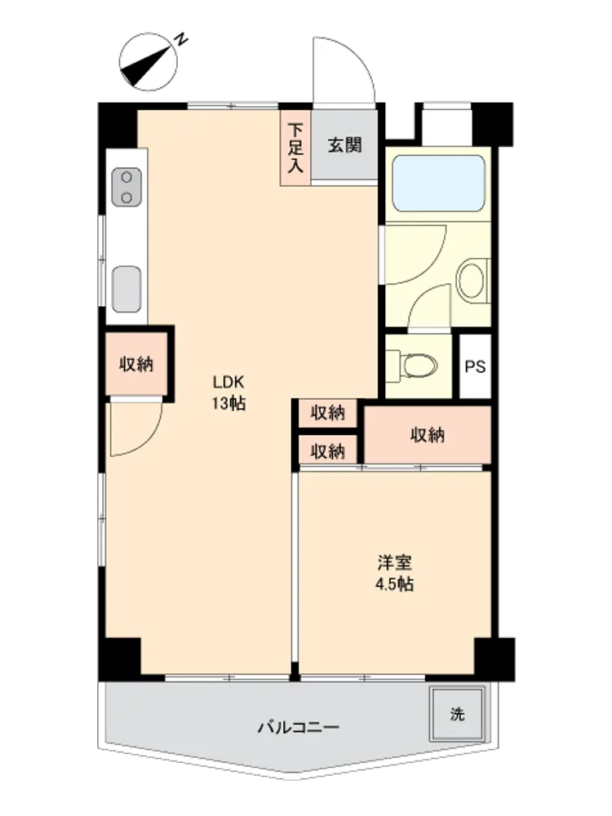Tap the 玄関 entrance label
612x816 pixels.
(344, 145)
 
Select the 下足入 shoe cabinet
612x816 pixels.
(295, 148)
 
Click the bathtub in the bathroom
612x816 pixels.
(438, 183)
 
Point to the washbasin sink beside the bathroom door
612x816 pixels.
(472, 281)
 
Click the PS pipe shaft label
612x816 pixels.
(475, 367)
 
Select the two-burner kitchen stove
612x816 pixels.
(126, 188)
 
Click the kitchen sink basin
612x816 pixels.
(126, 290)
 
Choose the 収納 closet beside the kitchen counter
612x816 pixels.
(136, 364)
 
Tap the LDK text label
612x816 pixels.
(228, 383)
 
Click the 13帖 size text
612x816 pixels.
(228, 404)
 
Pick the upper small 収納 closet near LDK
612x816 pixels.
(328, 413)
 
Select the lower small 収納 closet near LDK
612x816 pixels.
(328, 451)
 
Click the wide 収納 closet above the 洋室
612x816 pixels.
(428, 435)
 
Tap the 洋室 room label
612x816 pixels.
(394, 562)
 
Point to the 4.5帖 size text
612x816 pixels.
(394, 585)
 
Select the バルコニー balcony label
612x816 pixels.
(299, 727)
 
